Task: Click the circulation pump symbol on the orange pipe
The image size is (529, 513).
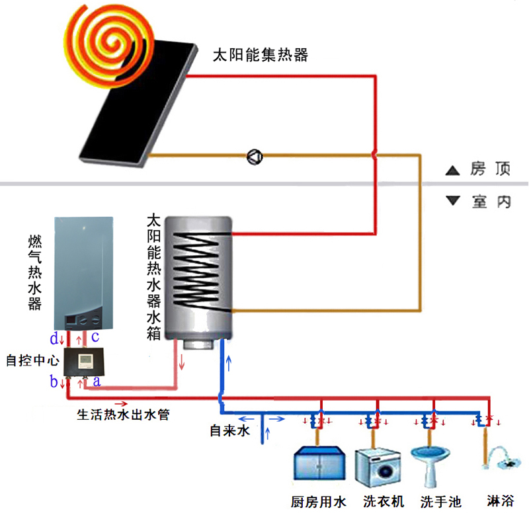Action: [x=255, y=156]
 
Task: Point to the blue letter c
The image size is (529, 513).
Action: [x=95, y=337]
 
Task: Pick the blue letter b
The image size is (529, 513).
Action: [x=54, y=382]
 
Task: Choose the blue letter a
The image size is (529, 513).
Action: [x=97, y=381]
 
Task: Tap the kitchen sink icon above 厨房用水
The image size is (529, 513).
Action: [x=319, y=463]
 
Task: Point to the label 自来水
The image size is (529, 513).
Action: [x=229, y=430]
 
